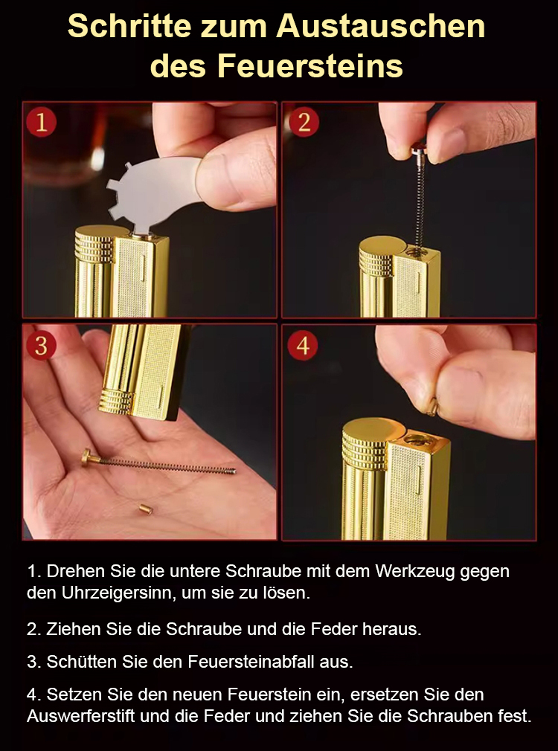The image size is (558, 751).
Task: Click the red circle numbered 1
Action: pos(41,122)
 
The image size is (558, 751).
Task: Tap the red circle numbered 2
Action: pos(304,122)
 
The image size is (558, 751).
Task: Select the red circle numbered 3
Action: pos(41,345)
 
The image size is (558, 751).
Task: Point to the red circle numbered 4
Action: pos(303,345)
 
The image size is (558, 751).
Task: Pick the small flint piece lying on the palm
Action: pos(145,509)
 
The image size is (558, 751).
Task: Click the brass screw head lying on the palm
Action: pos(87,458)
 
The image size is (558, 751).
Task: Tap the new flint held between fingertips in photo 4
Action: pos(432,407)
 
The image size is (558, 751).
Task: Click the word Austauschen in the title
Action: pos(381,25)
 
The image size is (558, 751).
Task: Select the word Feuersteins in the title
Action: pos(310,65)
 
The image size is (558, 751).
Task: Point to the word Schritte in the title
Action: pos(129,25)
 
